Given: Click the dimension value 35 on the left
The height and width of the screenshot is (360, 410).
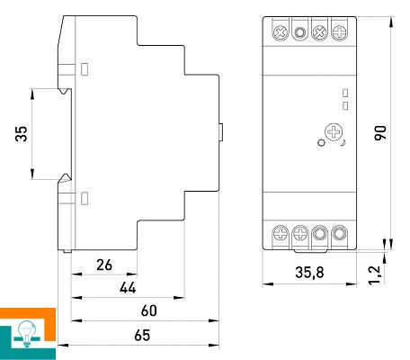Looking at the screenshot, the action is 22,134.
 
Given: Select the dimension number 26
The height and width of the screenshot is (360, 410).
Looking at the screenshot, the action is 104,265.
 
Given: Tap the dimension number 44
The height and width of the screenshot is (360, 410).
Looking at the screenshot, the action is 128,288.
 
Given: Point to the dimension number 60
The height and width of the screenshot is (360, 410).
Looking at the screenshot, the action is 149,310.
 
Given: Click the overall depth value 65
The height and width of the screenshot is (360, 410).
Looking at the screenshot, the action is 142,335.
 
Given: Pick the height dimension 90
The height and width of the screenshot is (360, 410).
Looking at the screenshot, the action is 380,132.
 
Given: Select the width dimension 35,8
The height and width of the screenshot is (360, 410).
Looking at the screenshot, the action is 309,273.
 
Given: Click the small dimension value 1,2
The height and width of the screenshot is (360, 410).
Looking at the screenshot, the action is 375,274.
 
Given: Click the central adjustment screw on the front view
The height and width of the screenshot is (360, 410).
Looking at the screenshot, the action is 334,132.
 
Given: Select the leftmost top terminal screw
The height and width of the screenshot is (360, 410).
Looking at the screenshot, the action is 281,32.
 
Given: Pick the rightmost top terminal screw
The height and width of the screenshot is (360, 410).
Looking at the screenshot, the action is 339,32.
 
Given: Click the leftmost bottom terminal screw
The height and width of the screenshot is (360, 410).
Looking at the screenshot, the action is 281,233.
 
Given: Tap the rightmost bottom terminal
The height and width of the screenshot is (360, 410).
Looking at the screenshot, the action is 339,233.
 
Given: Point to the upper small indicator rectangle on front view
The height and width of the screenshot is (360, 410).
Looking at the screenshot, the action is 345,93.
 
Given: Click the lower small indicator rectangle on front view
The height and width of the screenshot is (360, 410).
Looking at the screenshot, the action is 345,105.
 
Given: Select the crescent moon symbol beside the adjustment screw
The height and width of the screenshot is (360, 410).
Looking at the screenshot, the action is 343,143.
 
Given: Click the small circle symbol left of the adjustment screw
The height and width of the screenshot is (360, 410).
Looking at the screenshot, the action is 321,142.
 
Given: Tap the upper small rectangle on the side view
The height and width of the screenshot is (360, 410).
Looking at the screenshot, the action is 85,69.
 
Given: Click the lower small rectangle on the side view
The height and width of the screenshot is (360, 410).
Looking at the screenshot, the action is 85,198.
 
